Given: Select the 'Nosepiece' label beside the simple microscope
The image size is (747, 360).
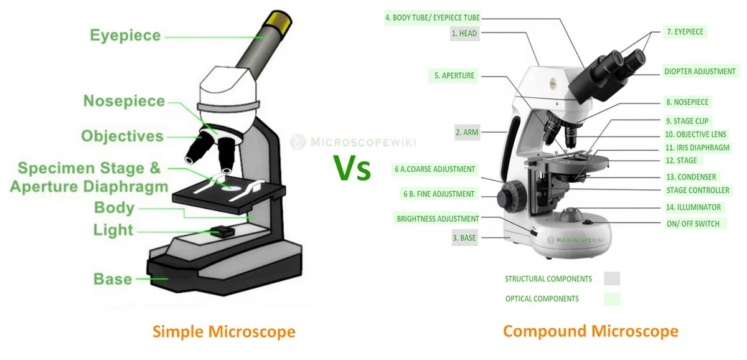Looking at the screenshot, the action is pyautogui.click(x=124, y=101).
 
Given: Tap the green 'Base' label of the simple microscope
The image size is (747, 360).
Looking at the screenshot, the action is pyautogui.click(x=113, y=278).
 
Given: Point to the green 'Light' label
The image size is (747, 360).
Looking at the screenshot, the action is pyautogui.click(x=113, y=230).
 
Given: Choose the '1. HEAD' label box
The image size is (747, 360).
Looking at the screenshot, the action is pyautogui.click(x=464, y=33).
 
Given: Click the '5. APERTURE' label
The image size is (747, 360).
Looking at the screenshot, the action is pyautogui.click(x=454, y=76).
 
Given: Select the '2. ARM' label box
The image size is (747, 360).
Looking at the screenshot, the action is pyautogui.click(x=466, y=132).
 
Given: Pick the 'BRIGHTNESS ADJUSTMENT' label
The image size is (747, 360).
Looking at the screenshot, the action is pyautogui.click(x=438, y=219).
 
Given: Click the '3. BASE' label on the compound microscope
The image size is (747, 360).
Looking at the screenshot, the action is pyautogui.click(x=464, y=237).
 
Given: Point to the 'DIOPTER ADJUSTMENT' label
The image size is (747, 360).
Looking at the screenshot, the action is pyautogui.click(x=700, y=72).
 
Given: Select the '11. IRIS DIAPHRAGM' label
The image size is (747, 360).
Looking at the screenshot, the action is pyautogui.click(x=697, y=148).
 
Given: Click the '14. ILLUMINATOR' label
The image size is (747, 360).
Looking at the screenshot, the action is pyautogui.click(x=693, y=207).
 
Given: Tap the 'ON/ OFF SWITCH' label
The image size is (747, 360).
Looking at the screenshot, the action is pyautogui.click(x=692, y=224).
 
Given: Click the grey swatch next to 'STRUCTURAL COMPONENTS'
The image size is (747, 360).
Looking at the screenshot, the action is pyautogui.click(x=611, y=278).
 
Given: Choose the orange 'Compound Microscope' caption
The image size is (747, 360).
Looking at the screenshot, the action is pyautogui.click(x=590, y=331).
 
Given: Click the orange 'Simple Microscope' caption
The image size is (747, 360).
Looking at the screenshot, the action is pyautogui.click(x=224, y=331).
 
